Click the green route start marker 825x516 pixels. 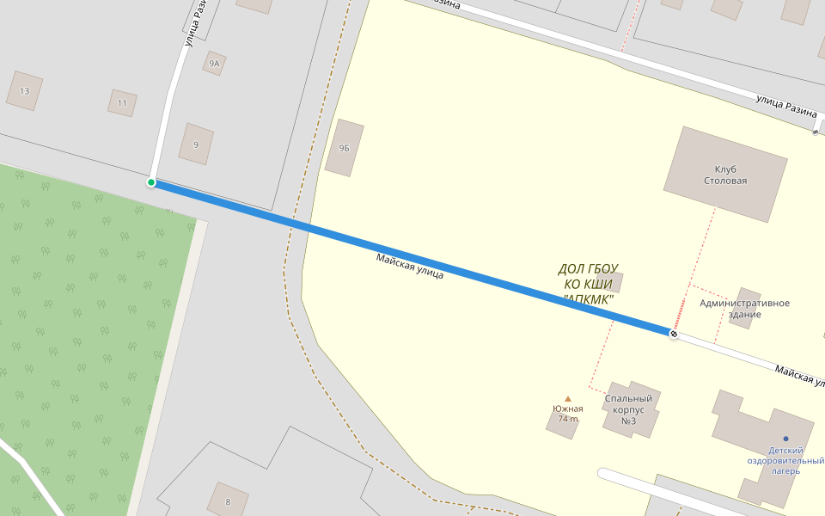(151, 182)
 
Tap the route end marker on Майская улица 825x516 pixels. (674, 333)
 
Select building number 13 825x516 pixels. (24, 91)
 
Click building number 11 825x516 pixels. (122, 103)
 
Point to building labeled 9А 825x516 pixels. (214, 64)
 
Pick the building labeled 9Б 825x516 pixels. (345, 148)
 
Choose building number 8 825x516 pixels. (228, 501)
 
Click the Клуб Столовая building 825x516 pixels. (725, 175)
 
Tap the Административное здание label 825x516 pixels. (744, 308)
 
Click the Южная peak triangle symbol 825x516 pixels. (568, 399)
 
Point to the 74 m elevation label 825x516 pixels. (568, 419)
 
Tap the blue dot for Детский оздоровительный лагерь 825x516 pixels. (785, 439)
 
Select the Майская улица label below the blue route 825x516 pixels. (409, 267)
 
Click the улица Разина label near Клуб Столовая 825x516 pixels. (785, 106)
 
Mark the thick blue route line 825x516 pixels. (412, 258)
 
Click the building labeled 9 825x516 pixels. (196, 144)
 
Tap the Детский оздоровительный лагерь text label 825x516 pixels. (785, 460)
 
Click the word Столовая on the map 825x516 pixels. (725, 181)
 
